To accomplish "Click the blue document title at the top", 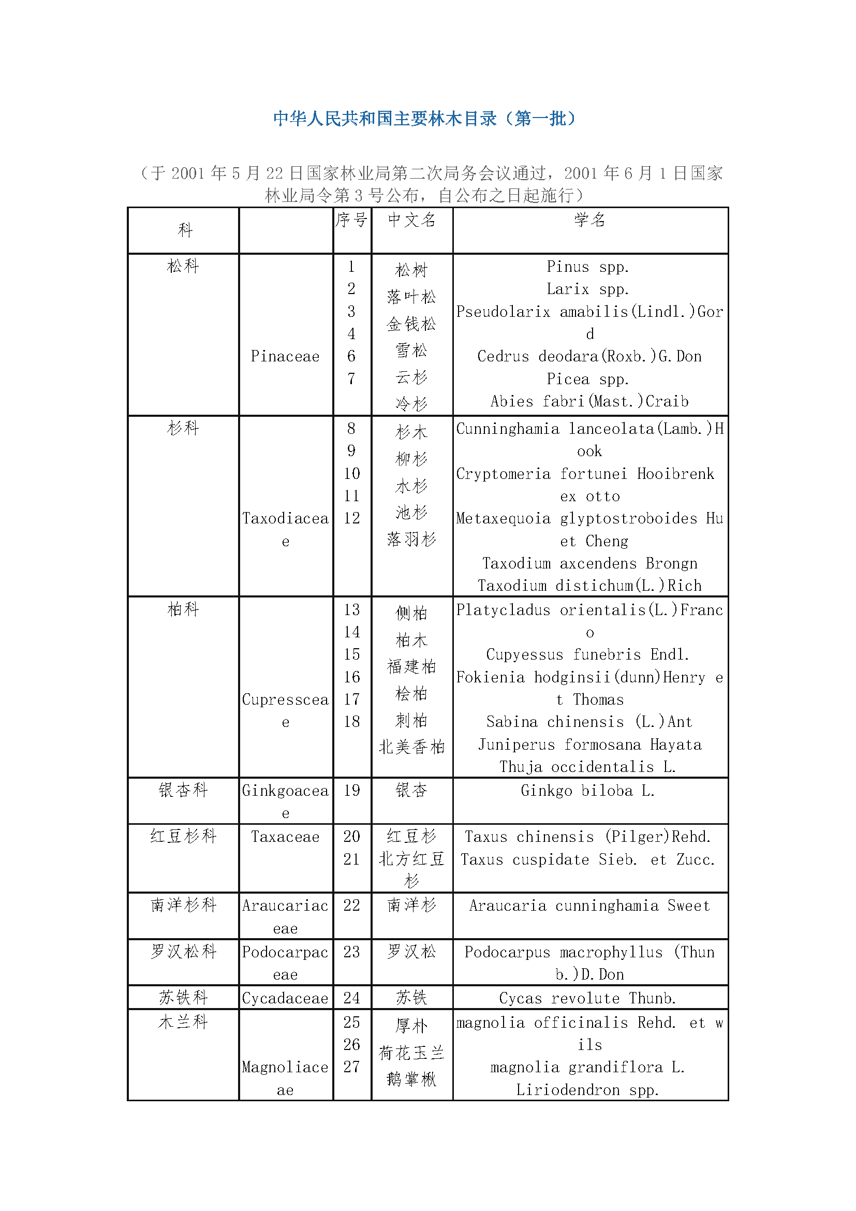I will (424, 118).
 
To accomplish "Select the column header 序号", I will (351, 220).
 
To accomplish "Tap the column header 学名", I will (590, 220).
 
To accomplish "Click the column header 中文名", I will (411, 220).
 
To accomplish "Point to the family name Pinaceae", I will (285, 357).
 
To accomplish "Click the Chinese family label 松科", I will (183, 266).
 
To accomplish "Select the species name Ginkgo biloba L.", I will (588, 791).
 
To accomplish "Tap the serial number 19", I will (351, 790).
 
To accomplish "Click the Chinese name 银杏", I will (411, 790).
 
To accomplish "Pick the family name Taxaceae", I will (285, 837).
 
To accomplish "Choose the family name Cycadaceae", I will (285, 998).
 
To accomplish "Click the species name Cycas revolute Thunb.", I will (588, 998).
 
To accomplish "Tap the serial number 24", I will (351, 998).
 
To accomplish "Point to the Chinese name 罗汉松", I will (411, 952).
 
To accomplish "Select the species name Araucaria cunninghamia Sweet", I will (589, 906).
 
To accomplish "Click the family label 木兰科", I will (183, 1022).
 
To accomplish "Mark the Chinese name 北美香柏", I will (411, 747).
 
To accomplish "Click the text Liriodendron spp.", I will (588, 1090).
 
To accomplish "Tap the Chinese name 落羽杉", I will (411, 539).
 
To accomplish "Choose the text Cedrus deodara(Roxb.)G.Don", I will (589, 357).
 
